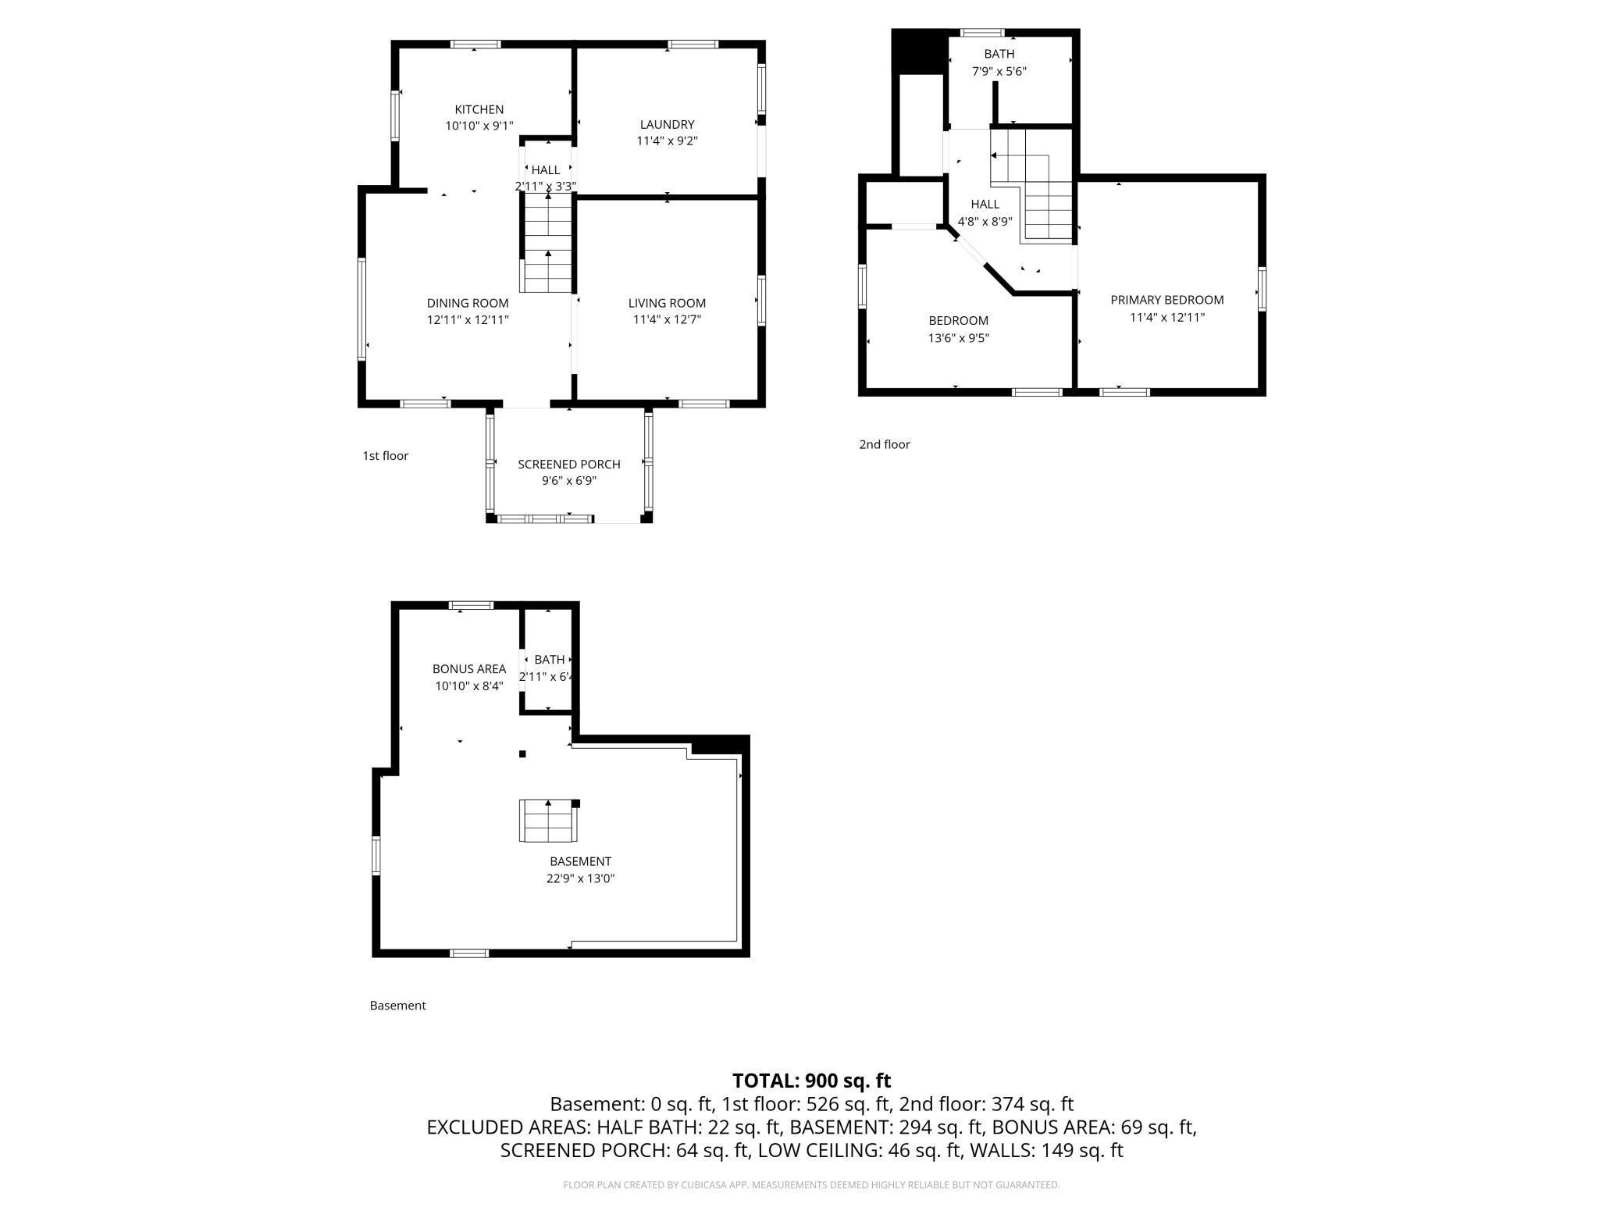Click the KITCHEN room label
479,109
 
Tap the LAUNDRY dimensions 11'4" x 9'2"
667,141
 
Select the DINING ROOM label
468,303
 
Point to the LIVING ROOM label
667,303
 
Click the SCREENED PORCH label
568,464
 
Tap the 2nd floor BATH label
999,54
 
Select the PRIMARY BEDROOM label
1166,300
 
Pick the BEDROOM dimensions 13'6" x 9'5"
958,338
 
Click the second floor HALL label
985,204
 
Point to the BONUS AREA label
468,668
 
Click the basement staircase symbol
547,821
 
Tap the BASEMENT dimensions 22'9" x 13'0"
580,878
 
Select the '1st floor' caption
385,456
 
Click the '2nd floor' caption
884,444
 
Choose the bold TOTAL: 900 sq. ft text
811,1081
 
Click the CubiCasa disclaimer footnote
811,1184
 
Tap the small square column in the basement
522,753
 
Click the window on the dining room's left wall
361,309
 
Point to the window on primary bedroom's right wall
1262,289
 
